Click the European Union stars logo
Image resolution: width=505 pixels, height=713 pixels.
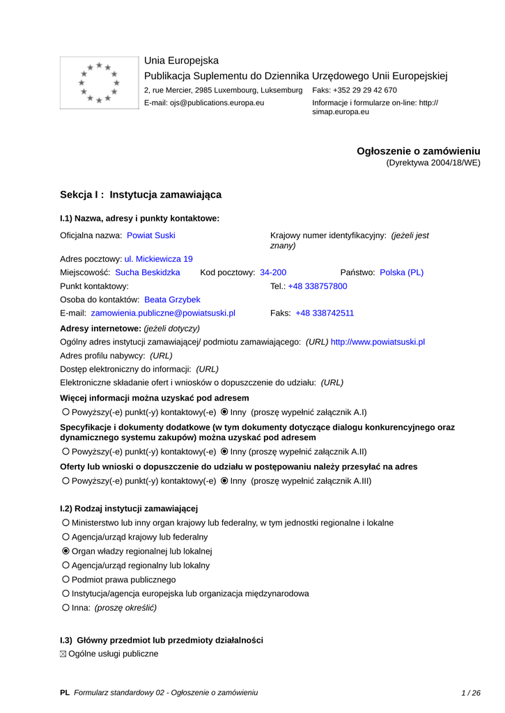[x=99, y=82]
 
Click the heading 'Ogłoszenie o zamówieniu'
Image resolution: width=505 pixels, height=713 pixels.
[x=419, y=151]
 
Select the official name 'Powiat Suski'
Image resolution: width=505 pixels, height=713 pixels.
[x=151, y=235]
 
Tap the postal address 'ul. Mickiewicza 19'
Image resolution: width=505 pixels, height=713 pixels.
[x=159, y=258]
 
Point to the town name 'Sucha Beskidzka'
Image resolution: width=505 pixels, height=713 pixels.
[x=148, y=272]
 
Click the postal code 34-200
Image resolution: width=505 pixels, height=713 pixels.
[x=273, y=272]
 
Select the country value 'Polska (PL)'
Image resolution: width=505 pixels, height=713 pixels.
[x=401, y=272]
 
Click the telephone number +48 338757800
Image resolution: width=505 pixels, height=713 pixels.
[x=318, y=286]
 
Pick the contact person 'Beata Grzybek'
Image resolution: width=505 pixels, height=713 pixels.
[x=172, y=299]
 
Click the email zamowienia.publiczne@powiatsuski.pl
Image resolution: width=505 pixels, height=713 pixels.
[x=163, y=313]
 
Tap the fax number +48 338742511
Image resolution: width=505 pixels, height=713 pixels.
[x=325, y=313]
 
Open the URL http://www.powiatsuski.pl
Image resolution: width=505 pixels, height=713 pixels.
[x=378, y=342]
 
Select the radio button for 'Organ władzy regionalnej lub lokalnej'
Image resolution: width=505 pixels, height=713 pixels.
[x=66, y=551]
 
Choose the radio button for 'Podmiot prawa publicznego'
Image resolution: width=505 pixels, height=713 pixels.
[x=66, y=579]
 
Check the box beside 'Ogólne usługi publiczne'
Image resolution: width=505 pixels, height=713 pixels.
[x=64, y=654]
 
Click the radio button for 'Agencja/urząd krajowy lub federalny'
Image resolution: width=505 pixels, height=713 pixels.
[x=66, y=537]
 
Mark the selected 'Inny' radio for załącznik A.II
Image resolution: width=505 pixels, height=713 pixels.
[x=224, y=451]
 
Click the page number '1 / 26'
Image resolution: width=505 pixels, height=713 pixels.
[x=471, y=693]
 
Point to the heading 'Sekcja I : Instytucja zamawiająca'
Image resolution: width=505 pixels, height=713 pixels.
[x=141, y=195]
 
